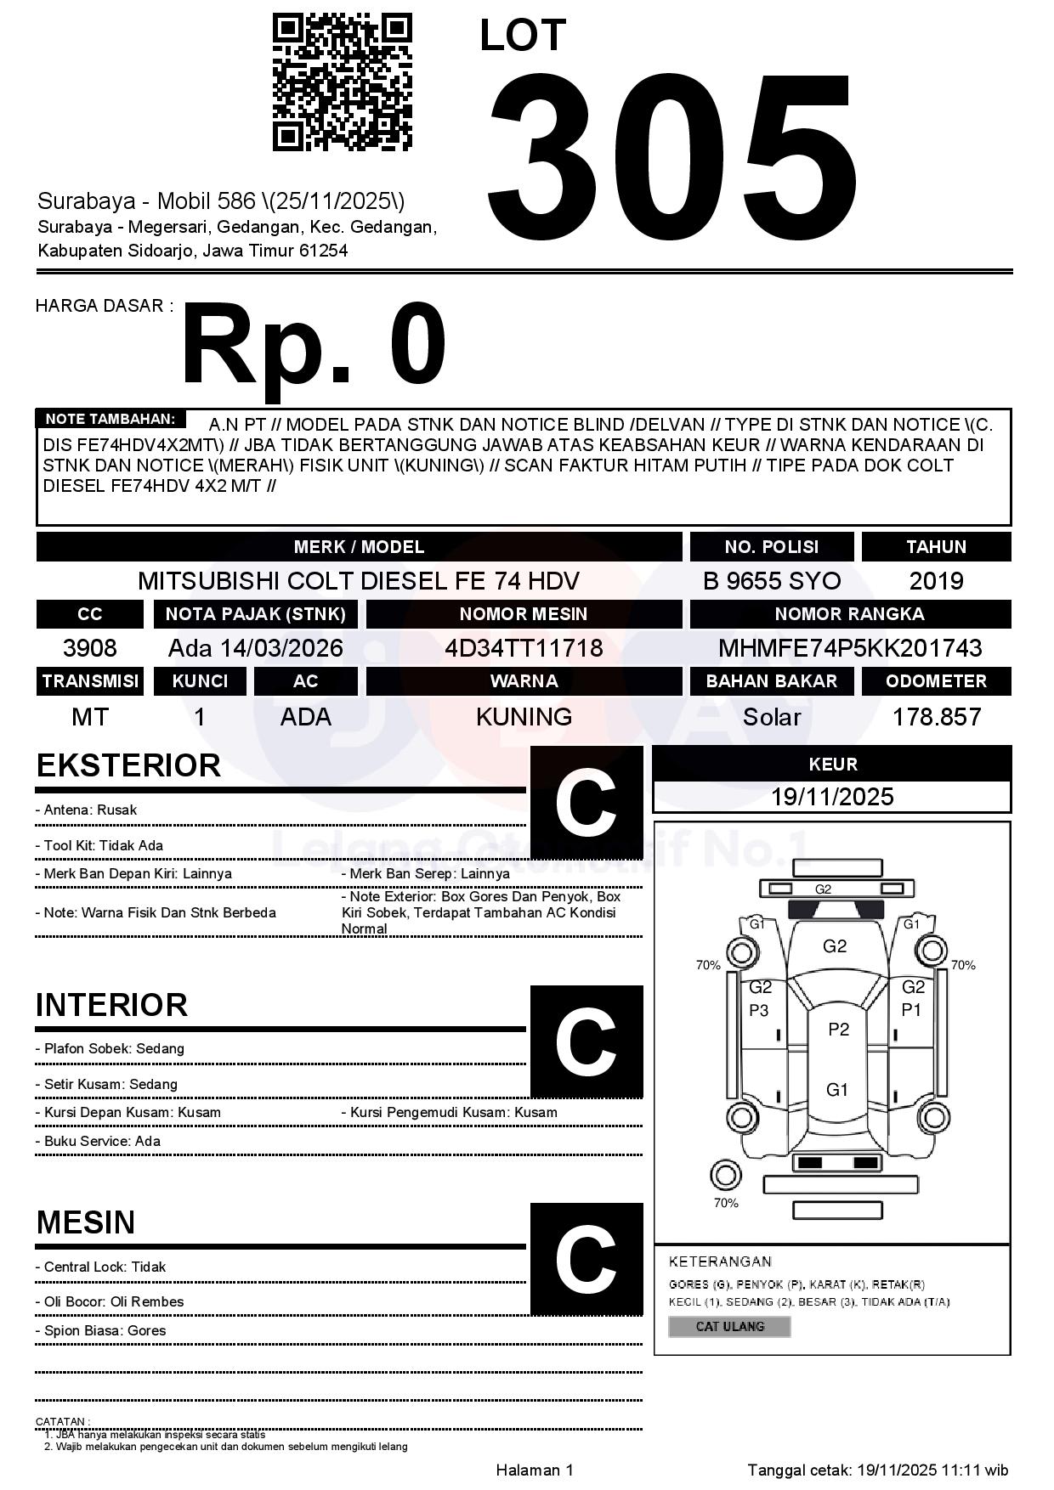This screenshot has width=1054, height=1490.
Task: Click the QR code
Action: pos(342,82)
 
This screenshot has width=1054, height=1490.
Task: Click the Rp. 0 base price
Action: pos(314,345)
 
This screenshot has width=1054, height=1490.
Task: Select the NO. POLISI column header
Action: pos(771,546)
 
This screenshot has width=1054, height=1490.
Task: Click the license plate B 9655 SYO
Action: pos(771,581)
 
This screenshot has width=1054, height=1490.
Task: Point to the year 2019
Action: pos(936,581)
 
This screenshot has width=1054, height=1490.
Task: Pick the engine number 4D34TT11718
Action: pos(524,648)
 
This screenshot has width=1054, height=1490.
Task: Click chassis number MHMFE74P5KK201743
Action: pos(850,648)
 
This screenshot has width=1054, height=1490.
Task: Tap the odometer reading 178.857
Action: pos(936,717)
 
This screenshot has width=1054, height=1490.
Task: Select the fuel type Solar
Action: pos(771,717)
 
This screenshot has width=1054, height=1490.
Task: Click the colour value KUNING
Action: pos(524,717)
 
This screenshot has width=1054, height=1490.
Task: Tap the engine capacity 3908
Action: pos(90,648)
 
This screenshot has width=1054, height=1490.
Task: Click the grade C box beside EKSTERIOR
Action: pos(586,803)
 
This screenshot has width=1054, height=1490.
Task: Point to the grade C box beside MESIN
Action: pos(586,1259)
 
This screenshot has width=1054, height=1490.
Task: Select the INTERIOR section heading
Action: pos(111,1005)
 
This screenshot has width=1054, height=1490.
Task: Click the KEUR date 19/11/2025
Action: pos(832,797)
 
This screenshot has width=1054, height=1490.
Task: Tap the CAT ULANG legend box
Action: pos(729,1326)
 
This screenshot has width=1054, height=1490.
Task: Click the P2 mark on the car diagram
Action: pos(838,1030)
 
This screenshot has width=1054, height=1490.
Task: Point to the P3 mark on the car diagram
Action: pos(758,1010)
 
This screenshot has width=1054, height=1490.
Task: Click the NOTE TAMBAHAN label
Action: pos(110,419)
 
